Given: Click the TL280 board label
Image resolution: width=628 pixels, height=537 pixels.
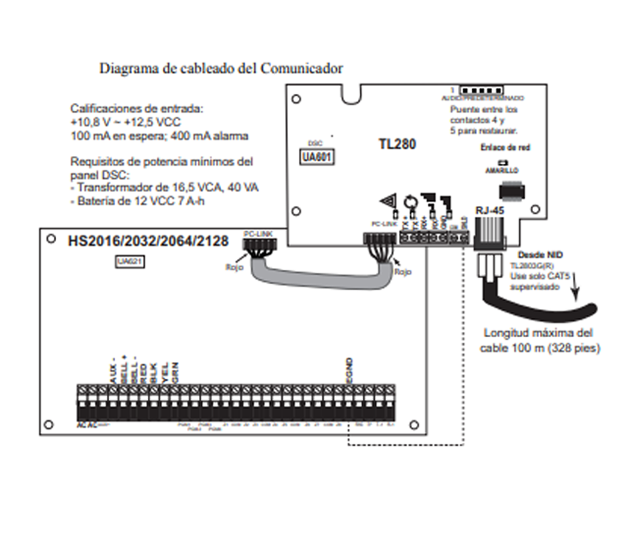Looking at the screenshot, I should (x=397, y=143).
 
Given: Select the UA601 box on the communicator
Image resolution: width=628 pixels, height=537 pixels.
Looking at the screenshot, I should (x=317, y=157).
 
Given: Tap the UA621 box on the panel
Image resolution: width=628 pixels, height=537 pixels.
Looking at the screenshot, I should (x=130, y=262).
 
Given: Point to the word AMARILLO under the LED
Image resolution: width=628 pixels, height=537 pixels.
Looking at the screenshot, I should (x=502, y=170).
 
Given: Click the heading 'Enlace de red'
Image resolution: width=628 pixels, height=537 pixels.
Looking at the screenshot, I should (x=504, y=147).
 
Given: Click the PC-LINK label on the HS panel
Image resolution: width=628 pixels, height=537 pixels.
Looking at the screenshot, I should (x=255, y=233).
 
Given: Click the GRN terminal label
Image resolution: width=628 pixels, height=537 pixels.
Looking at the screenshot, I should (x=175, y=373).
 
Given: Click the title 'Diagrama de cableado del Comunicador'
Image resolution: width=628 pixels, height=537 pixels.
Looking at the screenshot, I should (x=220, y=68).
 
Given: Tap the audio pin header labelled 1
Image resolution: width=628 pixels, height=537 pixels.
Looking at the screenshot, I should (x=481, y=89).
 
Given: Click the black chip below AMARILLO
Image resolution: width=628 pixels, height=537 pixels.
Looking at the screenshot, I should (x=512, y=191).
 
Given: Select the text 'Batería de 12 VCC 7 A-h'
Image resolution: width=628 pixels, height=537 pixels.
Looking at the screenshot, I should (x=142, y=200).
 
